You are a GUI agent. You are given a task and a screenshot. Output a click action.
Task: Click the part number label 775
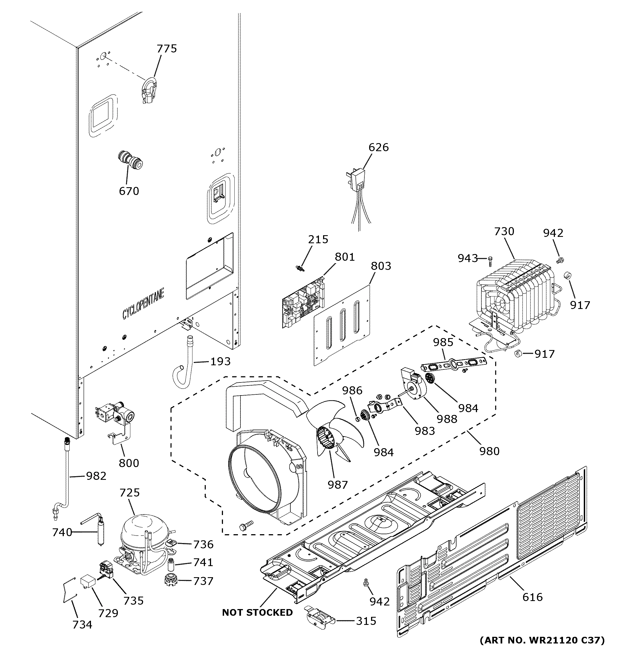click(x=167, y=49)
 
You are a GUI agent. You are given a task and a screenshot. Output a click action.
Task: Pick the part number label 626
click(x=379, y=147)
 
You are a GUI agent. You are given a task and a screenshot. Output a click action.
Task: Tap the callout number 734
click(x=82, y=625)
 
